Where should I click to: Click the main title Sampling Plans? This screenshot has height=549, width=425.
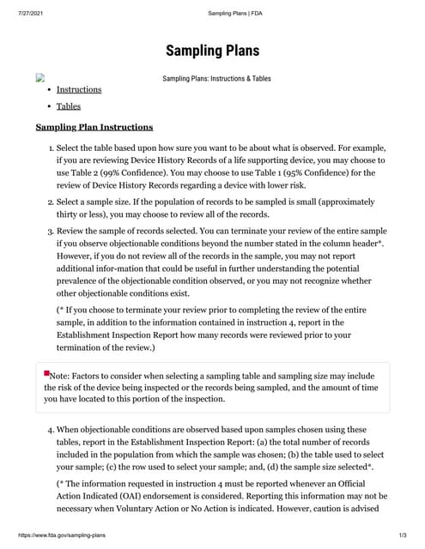click(x=212, y=51)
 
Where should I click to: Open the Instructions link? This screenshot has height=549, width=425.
click(x=79, y=89)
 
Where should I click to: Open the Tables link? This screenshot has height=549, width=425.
click(x=69, y=106)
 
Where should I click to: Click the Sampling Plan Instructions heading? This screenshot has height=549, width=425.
click(x=94, y=128)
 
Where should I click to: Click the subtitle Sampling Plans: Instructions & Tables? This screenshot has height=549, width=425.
click(x=216, y=78)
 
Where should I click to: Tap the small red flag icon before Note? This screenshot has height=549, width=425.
click(x=46, y=372)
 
